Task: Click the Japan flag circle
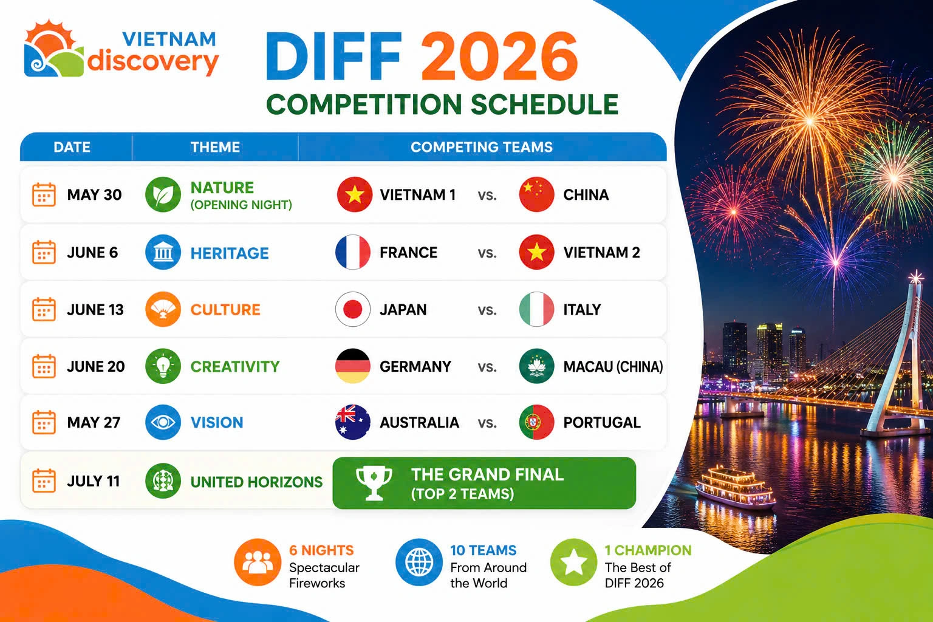pyautogui.click(x=353, y=309)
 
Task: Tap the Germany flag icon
pyautogui.click(x=353, y=366)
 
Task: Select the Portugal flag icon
pyautogui.click(x=536, y=422)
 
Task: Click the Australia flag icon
pyautogui.click(x=353, y=422)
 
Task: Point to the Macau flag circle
pyautogui.click(x=536, y=366)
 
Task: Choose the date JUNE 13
pyautogui.click(x=95, y=310)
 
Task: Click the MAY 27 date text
pyautogui.click(x=94, y=422)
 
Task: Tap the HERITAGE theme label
pyautogui.click(x=230, y=253)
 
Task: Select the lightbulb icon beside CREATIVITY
pyautogui.click(x=163, y=366)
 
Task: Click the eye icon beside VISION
pyautogui.click(x=163, y=422)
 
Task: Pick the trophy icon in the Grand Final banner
pyautogui.click(x=374, y=483)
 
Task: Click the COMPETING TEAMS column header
pyautogui.click(x=482, y=147)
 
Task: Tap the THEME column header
pyautogui.click(x=215, y=147)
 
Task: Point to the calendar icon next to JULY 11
pyautogui.click(x=44, y=480)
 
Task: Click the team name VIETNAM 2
pyautogui.click(x=601, y=253)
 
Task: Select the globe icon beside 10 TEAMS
pyautogui.click(x=419, y=562)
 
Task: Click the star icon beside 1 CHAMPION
pyautogui.click(x=573, y=562)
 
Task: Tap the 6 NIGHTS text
pyautogui.click(x=321, y=550)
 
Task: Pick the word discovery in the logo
pyautogui.click(x=153, y=62)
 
